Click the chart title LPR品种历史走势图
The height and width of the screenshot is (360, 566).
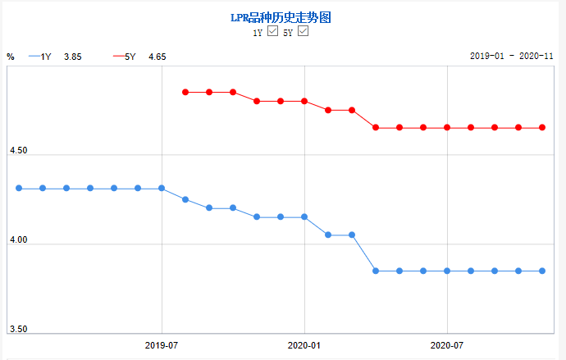(x=282, y=16)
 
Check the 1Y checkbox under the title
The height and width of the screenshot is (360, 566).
(x=274, y=31)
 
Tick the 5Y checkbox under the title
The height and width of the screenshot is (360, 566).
(x=303, y=31)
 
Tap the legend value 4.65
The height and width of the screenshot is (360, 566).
(x=157, y=57)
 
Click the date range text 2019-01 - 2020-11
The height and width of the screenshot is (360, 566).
(x=512, y=57)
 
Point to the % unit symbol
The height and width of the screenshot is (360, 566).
(x=11, y=57)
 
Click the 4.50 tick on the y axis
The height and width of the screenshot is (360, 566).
(x=17, y=151)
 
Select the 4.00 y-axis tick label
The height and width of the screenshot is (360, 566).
(x=17, y=240)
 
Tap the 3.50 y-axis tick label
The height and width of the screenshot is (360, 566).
(x=17, y=329)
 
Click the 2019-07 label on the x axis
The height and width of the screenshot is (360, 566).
(x=162, y=346)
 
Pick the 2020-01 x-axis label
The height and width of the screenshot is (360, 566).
(x=304, y=346)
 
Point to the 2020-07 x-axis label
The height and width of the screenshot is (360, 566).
(x=447, y=346)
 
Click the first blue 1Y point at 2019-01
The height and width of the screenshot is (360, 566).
(x=19, y=189)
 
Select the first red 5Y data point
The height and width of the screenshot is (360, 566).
(x=185, y=92)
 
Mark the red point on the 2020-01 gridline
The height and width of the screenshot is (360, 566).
(x=304, y=101)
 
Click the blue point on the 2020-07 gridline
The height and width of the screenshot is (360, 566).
(x=447, y=271)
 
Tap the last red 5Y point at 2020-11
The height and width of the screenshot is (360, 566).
(x=542, y=127)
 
